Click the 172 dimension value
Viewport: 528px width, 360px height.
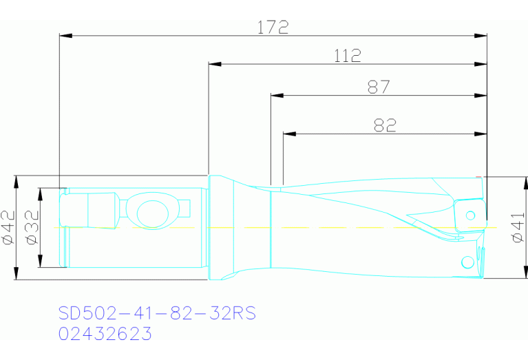tap(273, 28)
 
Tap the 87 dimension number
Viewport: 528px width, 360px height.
tap(379, 87)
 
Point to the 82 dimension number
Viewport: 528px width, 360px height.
tap(384, 125)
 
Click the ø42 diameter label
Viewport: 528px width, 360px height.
tap(8, 228)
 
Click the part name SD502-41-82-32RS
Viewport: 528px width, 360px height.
tap(157, 313)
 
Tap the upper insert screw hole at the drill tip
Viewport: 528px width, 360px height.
tap(471, 215)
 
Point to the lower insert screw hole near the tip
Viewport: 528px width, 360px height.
tap(467, 262)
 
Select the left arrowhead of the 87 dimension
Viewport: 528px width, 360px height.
tap(277, 96)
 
